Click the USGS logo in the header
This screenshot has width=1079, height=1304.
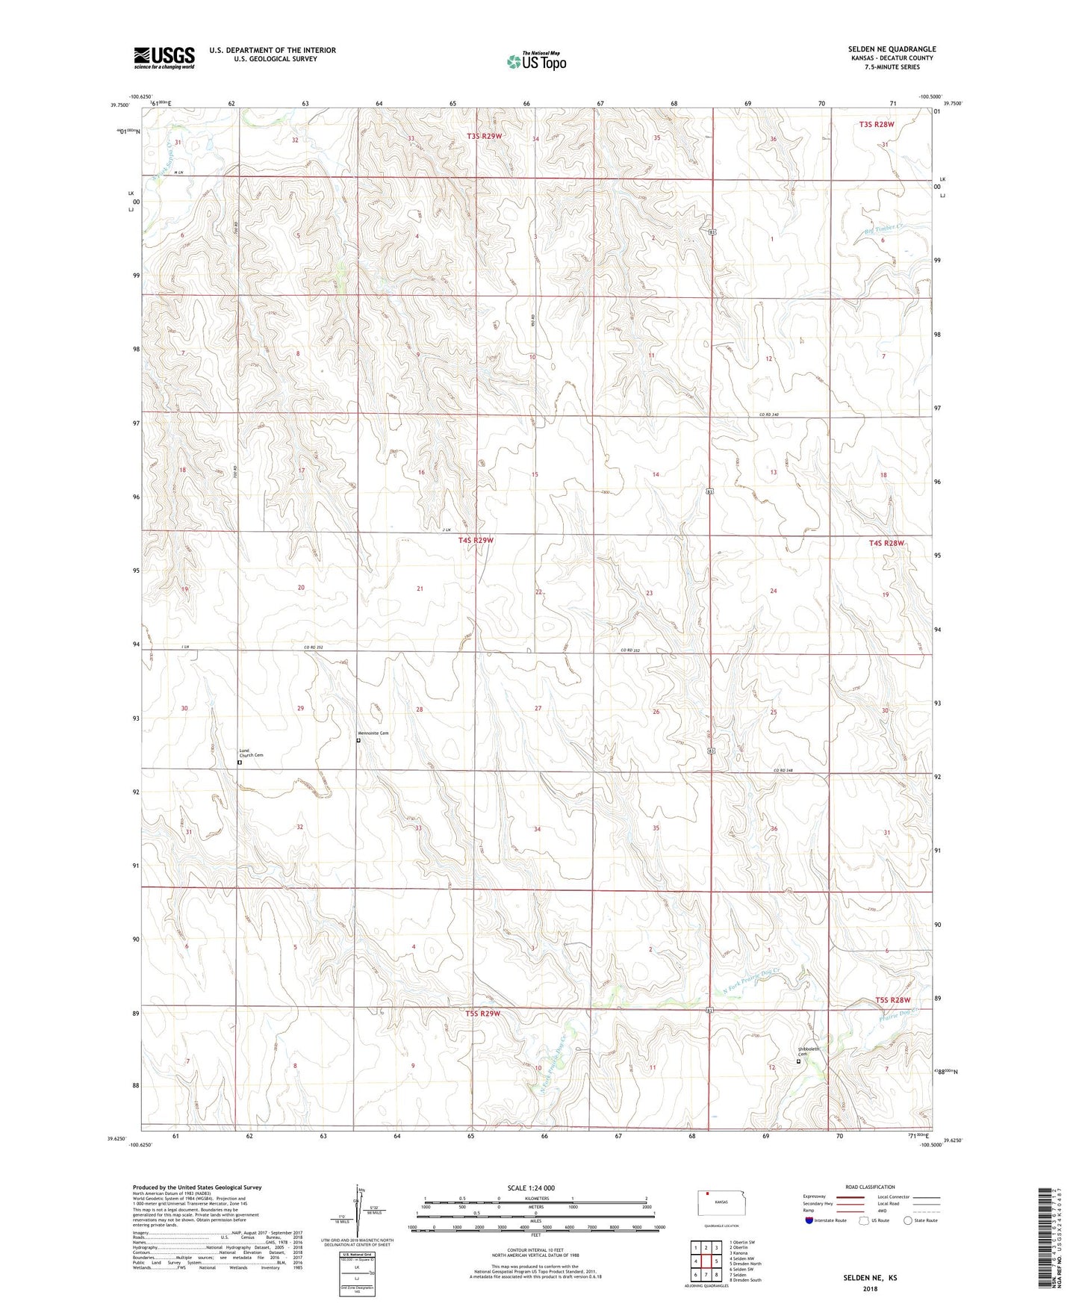(x=164, y=57)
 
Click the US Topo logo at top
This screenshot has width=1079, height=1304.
(x=535, y=61)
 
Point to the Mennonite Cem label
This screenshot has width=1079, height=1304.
(x=374, y=733)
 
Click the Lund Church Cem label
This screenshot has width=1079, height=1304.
(x=251, y=753)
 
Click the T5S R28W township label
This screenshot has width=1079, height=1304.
(x=893, y=1000)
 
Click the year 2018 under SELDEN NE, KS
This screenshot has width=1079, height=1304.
(x=870, y=1288)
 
